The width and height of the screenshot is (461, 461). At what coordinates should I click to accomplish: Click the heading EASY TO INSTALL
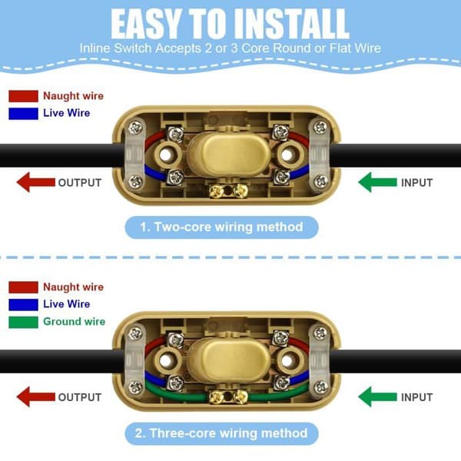230,24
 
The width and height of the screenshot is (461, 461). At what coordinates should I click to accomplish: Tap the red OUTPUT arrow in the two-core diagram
36,182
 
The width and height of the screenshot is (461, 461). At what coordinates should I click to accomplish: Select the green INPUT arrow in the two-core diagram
377,182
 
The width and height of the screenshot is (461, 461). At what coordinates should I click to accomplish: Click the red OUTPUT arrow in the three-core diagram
36,396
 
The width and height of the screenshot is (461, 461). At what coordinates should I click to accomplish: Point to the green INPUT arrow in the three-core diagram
377,396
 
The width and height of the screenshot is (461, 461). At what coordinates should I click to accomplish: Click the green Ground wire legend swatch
23,322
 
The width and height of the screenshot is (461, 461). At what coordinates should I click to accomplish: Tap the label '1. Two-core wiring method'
221,227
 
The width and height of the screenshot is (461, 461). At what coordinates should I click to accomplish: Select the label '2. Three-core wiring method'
221,433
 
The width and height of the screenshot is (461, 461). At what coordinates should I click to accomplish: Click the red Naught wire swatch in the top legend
23,96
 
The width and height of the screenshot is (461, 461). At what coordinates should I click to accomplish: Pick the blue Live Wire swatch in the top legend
23,114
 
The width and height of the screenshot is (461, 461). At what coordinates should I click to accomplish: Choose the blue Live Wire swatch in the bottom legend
23,304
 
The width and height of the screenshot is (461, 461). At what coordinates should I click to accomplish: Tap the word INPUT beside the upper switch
417,183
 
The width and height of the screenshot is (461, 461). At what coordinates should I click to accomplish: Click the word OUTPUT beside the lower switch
80,397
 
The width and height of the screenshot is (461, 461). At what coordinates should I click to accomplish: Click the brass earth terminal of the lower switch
228,397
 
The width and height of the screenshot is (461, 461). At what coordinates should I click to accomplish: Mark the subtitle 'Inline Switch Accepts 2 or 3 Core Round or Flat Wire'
230,48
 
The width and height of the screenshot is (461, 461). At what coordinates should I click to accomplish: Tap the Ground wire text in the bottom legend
74,321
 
